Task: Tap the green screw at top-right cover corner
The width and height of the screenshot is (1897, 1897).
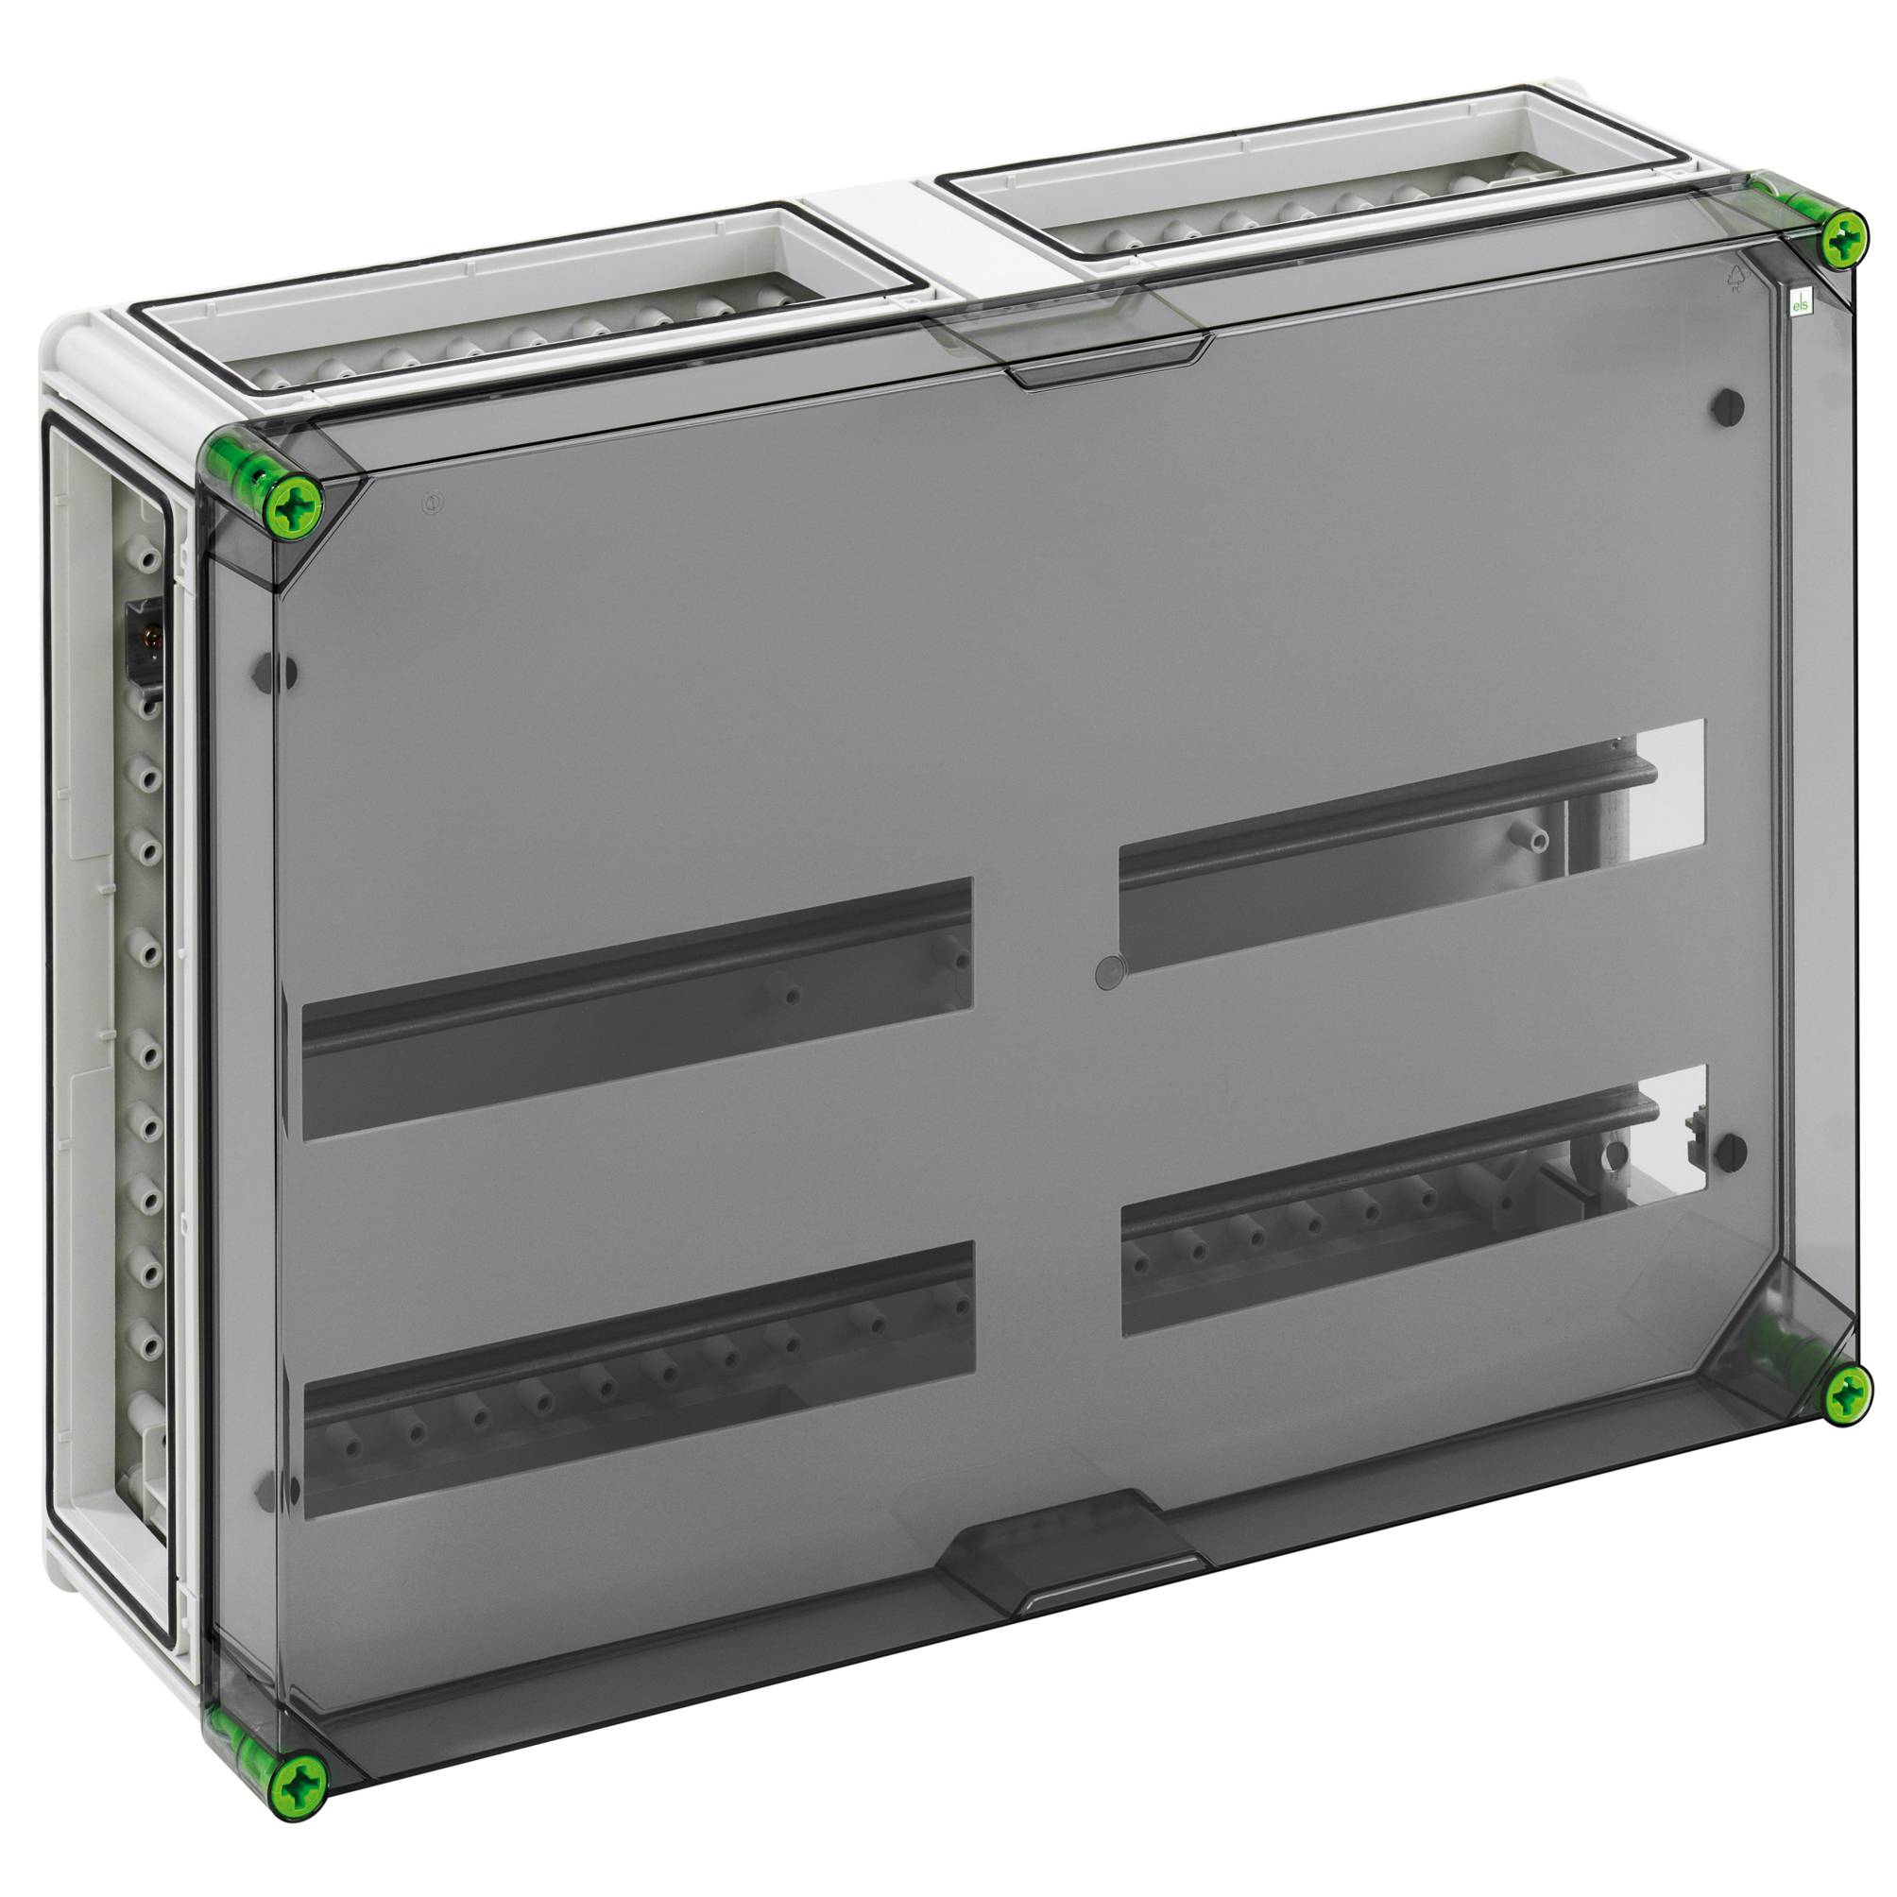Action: click(x=1845, y=236)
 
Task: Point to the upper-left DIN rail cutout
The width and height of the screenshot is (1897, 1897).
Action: click(x=636, y=1008)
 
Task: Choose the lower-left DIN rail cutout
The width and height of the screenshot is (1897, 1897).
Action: click(x=639, y=1377)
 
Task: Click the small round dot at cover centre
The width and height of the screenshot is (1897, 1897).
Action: click(x=1106, y=971)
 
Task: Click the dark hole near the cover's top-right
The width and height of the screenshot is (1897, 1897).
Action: click(x=1727, y=406)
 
